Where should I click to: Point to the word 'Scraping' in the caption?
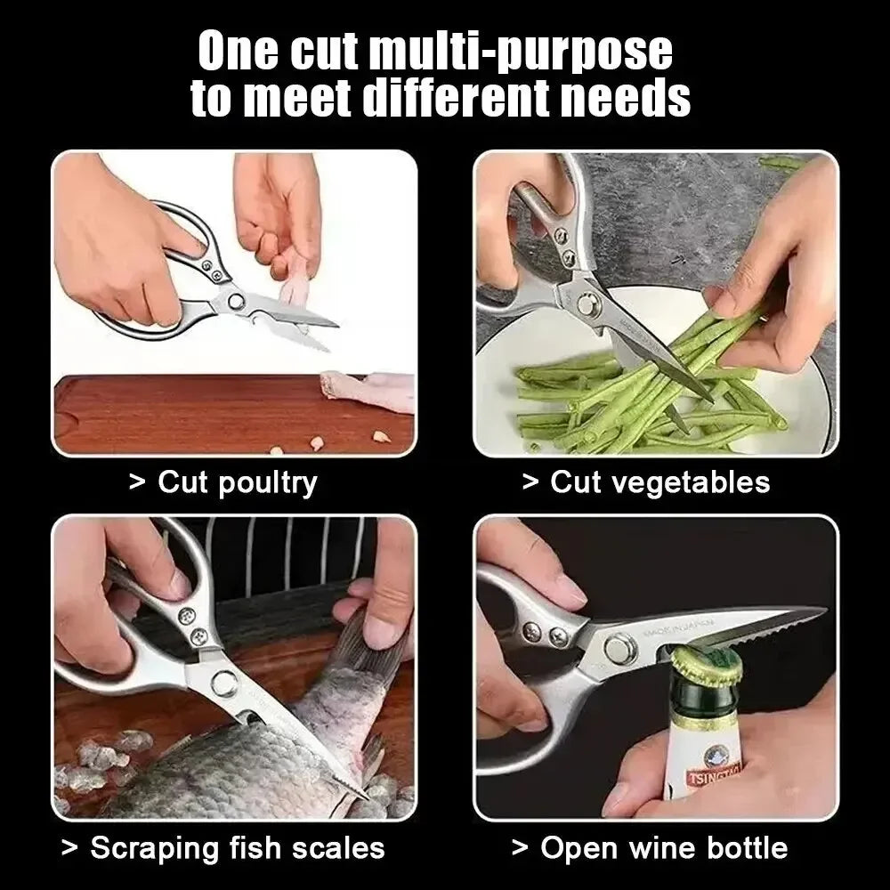(x=150, y=847)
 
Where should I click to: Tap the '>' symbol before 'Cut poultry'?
(x=136, y=483)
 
